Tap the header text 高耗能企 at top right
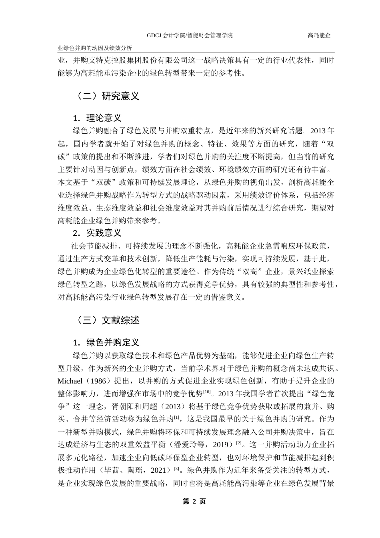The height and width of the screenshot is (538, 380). [319, 35]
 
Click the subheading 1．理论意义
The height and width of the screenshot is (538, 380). [97, 118]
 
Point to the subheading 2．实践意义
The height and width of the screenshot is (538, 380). [97, 233]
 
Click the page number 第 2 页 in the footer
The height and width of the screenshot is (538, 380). [194, 502]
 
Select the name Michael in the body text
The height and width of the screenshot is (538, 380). [70, 381]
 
